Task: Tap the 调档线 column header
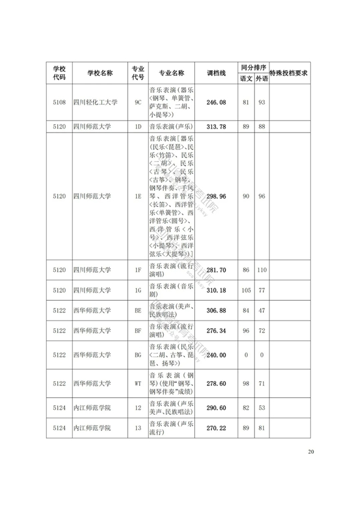pos(216,73)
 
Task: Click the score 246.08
pos(216,102)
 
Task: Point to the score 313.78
pos(216,127)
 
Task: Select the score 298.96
pos(216,196)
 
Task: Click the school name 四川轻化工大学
pos(95,102)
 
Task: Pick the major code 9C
pos(137,102)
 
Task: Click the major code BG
pos(137,355)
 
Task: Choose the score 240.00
pos(216,355)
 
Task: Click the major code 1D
pos(137,127)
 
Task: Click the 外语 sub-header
pos(261,79)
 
